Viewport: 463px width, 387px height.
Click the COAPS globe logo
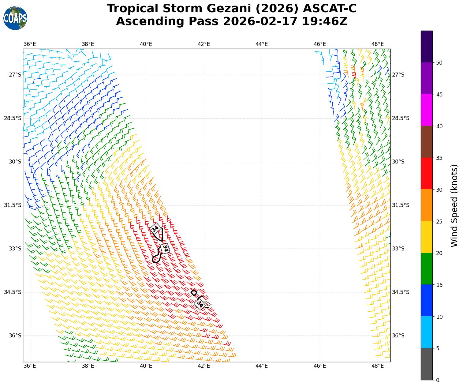coord(15,18)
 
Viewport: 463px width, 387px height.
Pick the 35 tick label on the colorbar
coord(439,158)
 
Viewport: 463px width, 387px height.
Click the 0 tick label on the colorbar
coord(438,380)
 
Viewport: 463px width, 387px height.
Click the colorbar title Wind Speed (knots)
coord(454,205)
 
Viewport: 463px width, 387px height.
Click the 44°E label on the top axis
coord(262,44)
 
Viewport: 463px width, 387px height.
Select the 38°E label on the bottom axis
coord(88,366)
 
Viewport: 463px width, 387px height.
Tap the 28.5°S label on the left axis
coord(13,118)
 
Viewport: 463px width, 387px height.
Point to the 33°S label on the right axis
coord(398,249)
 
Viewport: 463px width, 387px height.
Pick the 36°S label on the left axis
coord(15,336)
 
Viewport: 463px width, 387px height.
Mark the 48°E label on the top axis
coord(377,44)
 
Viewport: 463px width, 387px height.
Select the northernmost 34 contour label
coord(155,228)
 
